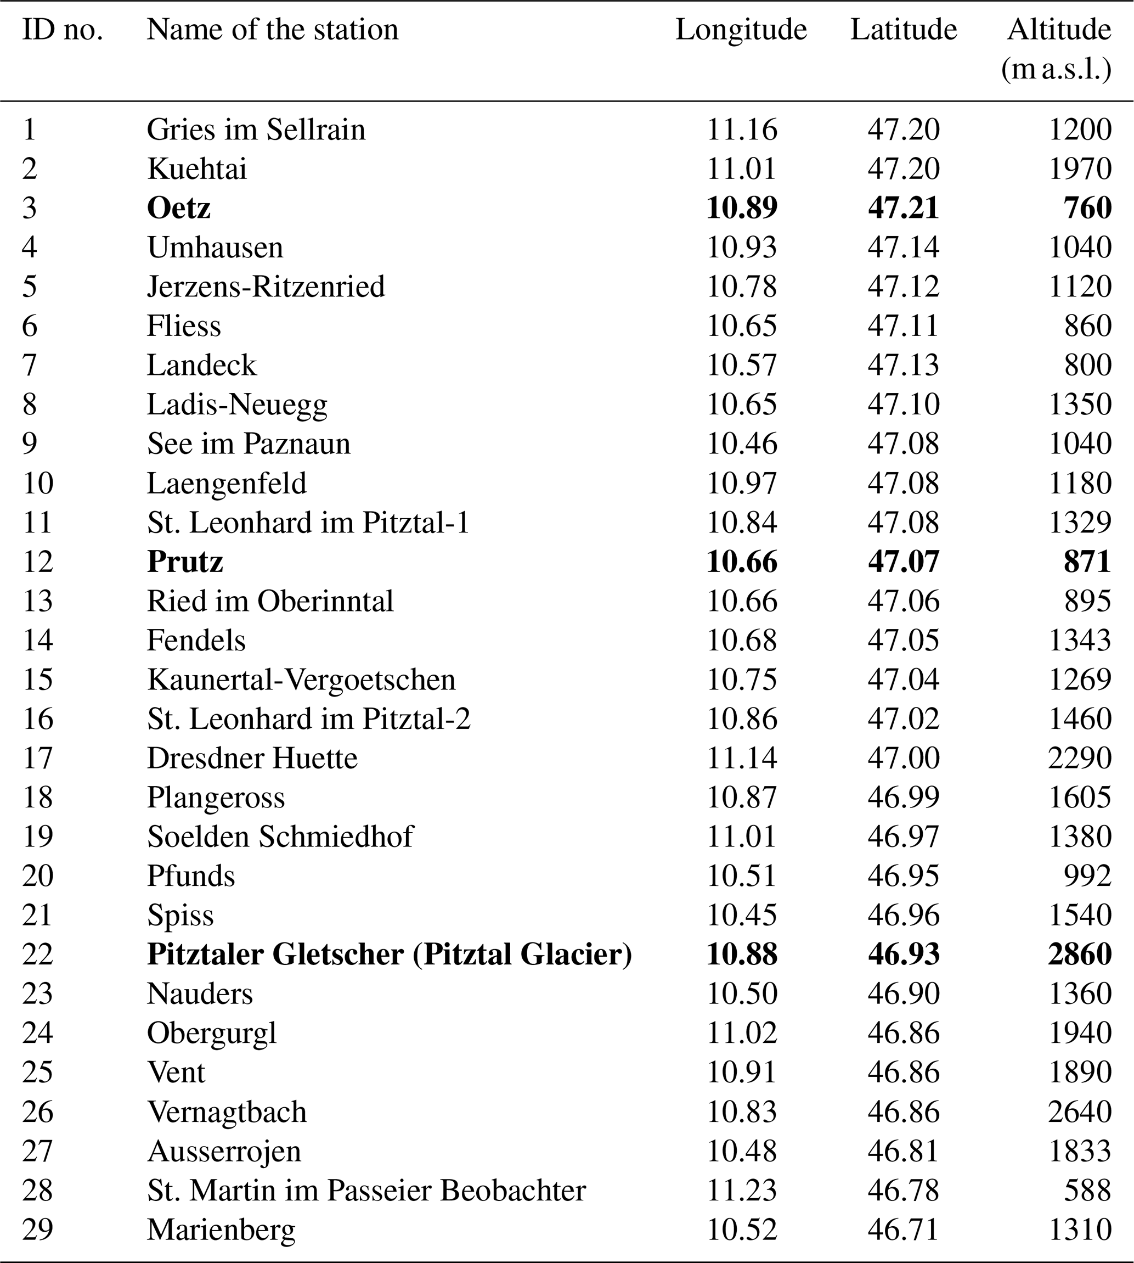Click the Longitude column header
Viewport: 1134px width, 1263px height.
741,30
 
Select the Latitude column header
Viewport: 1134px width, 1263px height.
904,30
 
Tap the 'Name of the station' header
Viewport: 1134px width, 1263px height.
272,30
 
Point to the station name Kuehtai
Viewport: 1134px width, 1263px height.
197,169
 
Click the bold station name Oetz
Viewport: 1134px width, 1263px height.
179,208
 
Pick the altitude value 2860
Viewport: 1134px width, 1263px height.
1080,955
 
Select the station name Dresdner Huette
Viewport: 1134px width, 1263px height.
252,759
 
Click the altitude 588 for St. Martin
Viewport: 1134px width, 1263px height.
1087,1190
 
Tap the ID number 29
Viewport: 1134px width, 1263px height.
38,1230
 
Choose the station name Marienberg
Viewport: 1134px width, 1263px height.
221,1230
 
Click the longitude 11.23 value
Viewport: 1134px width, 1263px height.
742,1190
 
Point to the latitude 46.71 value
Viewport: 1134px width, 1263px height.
904,1230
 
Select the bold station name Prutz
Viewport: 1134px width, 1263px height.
185,562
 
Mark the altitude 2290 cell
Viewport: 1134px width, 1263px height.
1080,759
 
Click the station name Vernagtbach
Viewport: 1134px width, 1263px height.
227,1112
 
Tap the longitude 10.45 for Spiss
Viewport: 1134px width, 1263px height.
742,915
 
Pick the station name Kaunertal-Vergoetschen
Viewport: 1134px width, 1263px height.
302,680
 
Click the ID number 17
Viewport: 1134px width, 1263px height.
38,759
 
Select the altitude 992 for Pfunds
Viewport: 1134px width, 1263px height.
1087,876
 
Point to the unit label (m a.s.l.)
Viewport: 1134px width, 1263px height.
1057,70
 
